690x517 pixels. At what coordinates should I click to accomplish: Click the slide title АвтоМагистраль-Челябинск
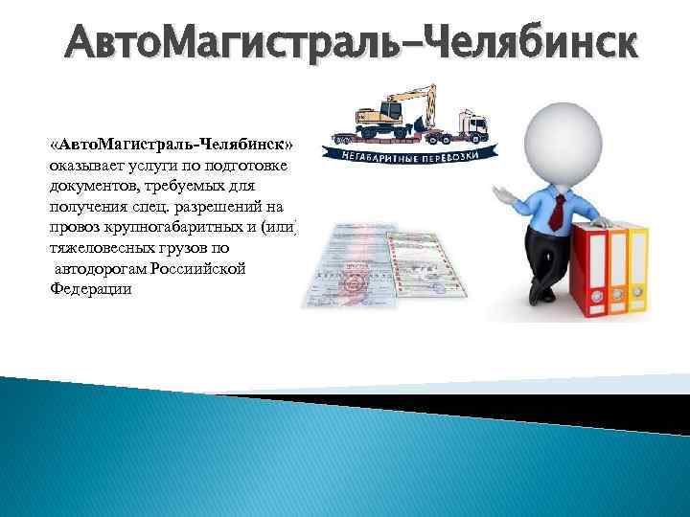point(349,42)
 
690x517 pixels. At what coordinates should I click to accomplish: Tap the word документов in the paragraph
point(92,185)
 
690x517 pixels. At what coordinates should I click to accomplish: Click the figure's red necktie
point(556,205)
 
